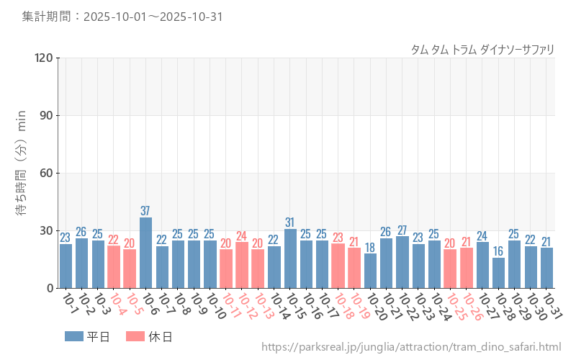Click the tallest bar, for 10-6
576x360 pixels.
(145, 253)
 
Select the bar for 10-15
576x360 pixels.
(290, 258)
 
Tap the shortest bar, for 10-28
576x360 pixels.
(498, 273)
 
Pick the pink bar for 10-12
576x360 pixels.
(242, 265)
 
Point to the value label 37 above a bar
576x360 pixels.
(145, 211)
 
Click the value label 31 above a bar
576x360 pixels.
(290, 222)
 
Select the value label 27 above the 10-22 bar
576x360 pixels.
(402, 230)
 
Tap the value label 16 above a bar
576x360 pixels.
(498, 251)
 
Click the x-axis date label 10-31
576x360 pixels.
(552, 306)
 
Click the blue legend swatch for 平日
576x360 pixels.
(74, 336)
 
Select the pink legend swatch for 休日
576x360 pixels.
(135, 336)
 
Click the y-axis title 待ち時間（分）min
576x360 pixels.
(22, 173)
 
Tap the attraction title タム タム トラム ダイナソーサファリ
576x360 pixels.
(482, 49)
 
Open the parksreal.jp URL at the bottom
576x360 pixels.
(411, 348)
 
